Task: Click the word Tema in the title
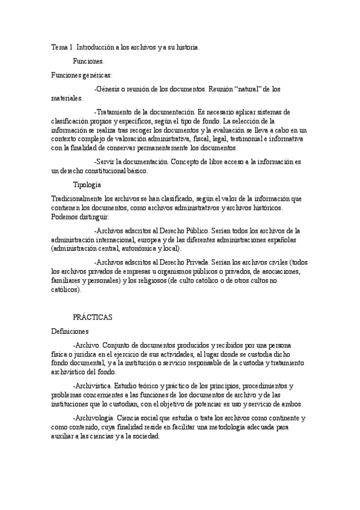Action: [x=59, y=48]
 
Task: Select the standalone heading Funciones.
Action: [x=88, y=61]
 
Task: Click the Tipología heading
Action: [x=87, y=184]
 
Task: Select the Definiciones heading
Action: [x=70, y=331]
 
